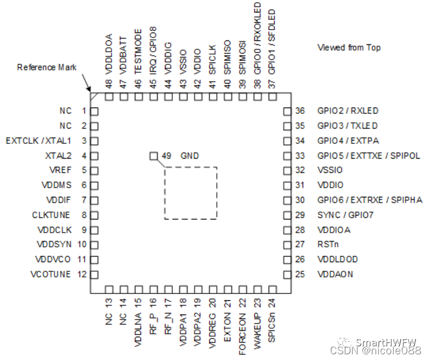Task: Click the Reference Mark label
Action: [47, 67]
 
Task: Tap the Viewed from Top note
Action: [349, 48]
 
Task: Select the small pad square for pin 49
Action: [152, 156]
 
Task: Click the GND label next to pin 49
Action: [190, 156]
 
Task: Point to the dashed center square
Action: [191, 193]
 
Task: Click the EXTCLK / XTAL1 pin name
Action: [38, 140]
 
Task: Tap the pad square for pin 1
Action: [94, 111]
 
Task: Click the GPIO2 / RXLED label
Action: [348, 111]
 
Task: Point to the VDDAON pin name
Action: [336, 274]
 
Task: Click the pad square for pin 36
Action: [287, 111]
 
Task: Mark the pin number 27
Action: [300, 245]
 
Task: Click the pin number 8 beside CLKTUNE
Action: [83, 215]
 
